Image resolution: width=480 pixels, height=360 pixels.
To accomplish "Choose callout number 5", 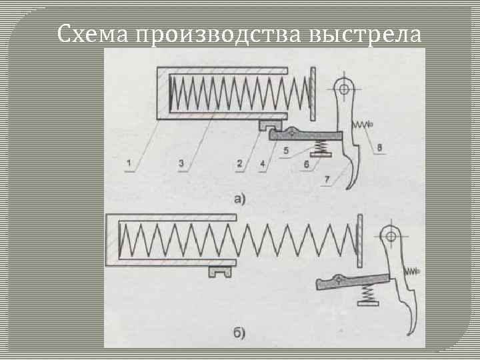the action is pos(286,151).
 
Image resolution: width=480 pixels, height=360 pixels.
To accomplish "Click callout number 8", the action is pos(379,148).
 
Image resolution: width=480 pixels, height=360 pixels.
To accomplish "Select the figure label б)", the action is pos(239,331).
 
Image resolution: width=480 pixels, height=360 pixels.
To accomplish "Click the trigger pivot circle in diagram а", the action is pos(344,87).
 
